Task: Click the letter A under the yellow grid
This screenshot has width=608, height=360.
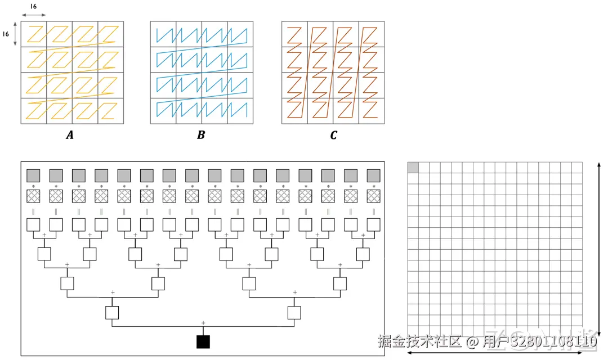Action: pyautogui.click(x=70, y=136)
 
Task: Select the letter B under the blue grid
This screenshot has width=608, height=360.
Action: pyautogui.click(x=201, y=136)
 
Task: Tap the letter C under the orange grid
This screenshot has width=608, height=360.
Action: pyautogui.click(x=333, y=136)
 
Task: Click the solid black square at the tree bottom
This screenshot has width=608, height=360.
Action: pyautogui.click(x=203, y=341)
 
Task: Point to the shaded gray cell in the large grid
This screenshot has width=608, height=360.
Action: pyautogui.click(x=413, y=167)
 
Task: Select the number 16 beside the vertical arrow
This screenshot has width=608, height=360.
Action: pyautogui.click(x=6, y=34)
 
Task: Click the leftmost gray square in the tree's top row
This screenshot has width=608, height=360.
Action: pyautogui.click(x=33, y=175)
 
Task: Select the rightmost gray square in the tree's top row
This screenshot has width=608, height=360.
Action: pyautogui.click(x=373, y=175)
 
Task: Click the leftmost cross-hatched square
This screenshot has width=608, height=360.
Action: pyautogui.click(x=33, y=196)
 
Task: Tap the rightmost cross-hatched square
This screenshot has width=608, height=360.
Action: pyautogui.click(x=373, y=196)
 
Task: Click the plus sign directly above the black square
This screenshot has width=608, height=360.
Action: pyautogui.click(x=203, y=322)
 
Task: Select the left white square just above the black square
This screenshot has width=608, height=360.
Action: pyautogui.click(x=112, y=312)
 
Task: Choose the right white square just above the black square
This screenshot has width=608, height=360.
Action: pyautogui.click(x=294, y=312)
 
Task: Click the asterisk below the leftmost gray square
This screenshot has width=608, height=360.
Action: pyautogui.click(x=33, y=186)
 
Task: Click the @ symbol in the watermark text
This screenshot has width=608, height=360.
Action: pyautogui.click(x=472, y=341)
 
